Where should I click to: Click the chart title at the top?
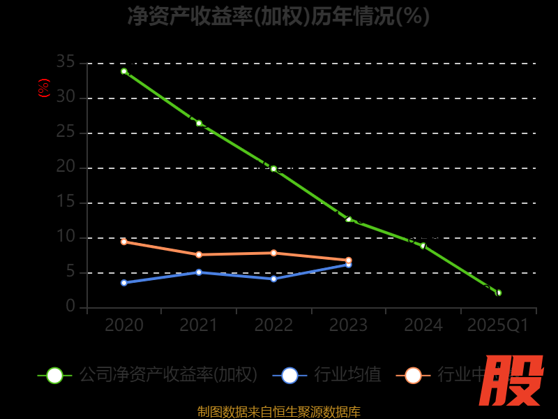[279, 15]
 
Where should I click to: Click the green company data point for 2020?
[124, 71]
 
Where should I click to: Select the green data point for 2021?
[199, 123]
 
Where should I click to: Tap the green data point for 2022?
[273, 168]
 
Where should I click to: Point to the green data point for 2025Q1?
[498, 293]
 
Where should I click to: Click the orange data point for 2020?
[124, 242]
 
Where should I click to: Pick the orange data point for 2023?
[348, 260]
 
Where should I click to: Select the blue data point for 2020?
[124, 283]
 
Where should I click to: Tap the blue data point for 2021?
[199, 272]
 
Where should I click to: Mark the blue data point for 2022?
[273, 279]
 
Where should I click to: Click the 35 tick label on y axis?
[66, 63]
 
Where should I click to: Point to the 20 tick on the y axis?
[66, 168]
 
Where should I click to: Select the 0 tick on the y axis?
[70, 307]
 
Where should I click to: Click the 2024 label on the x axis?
[423, 325]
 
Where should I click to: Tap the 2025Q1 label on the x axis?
[498, 325]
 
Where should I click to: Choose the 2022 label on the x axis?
[273, 325]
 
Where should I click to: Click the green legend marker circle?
[54, 375]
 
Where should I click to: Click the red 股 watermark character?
[512, 381]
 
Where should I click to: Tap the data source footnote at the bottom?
[279, 412]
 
